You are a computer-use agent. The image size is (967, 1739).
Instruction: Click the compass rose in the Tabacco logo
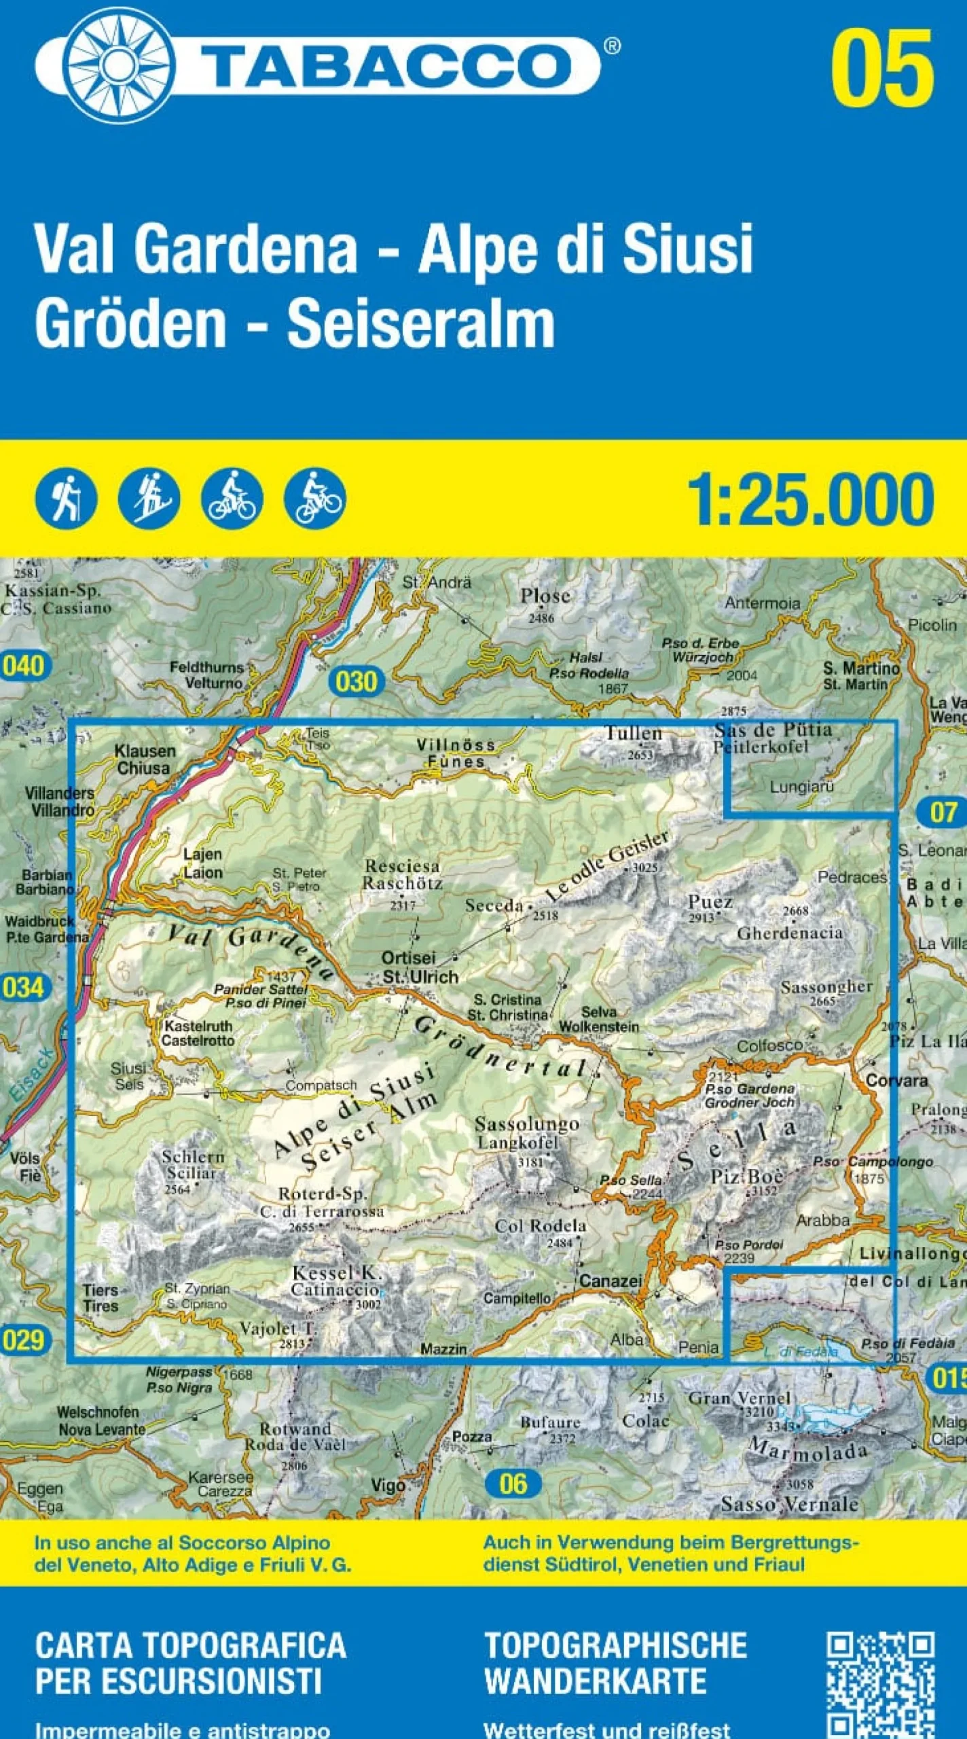118,67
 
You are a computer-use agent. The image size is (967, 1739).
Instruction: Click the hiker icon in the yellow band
66,499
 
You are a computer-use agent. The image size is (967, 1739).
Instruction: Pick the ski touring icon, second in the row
149,499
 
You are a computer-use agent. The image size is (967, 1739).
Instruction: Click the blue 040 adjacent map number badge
22,665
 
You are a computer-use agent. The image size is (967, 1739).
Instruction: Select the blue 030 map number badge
355,681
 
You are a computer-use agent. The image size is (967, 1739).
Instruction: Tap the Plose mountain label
545,596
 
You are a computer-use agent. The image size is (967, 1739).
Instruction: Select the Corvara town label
896,1080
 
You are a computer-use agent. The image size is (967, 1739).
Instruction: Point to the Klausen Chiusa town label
144,760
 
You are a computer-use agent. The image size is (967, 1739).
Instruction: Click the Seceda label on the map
494,906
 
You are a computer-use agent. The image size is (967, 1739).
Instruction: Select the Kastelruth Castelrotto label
198,1033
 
